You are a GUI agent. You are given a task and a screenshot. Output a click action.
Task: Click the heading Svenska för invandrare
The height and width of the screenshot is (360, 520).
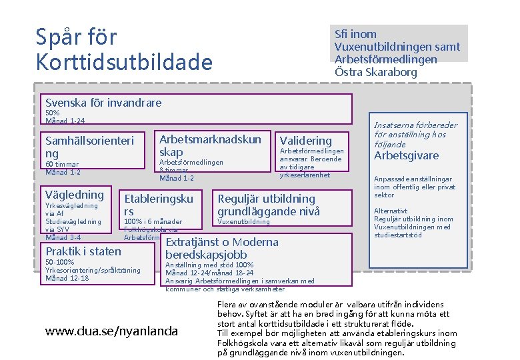coord(103,103)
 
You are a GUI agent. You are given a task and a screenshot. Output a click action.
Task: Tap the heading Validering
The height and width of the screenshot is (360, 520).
coord(305,141)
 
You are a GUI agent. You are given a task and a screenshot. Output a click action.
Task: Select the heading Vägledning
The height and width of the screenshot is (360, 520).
coord(75,195)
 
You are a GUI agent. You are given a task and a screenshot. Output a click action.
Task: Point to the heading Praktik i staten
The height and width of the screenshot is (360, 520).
coord(83,251)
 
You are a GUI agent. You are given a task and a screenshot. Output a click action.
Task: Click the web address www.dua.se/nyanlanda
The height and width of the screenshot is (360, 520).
coord(111,331)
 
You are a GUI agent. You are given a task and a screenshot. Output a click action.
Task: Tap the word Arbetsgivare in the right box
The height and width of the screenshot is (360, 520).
coord(407,156)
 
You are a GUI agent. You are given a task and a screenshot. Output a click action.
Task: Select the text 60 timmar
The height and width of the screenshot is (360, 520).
coord(62,165)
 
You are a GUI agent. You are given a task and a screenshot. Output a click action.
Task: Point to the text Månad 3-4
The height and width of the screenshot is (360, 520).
coord(63,237)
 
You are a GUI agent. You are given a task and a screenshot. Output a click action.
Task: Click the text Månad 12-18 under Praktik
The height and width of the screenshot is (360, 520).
coord(67,278)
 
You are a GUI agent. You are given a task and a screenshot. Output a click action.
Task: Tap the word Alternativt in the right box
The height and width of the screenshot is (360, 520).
coord(390,211)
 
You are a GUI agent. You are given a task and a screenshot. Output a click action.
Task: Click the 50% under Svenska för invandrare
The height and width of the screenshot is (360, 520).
coord(52,113)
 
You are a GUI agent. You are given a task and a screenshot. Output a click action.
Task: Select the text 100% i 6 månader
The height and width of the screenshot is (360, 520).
coord(153,221)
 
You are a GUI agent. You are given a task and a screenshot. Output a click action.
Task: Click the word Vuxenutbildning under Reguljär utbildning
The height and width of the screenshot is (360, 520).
coord(244,221)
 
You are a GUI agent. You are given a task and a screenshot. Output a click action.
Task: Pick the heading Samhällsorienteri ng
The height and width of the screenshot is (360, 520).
coord(89,147)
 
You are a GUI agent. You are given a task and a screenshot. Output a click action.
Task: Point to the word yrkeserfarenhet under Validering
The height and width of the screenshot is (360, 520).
coord(305,175)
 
